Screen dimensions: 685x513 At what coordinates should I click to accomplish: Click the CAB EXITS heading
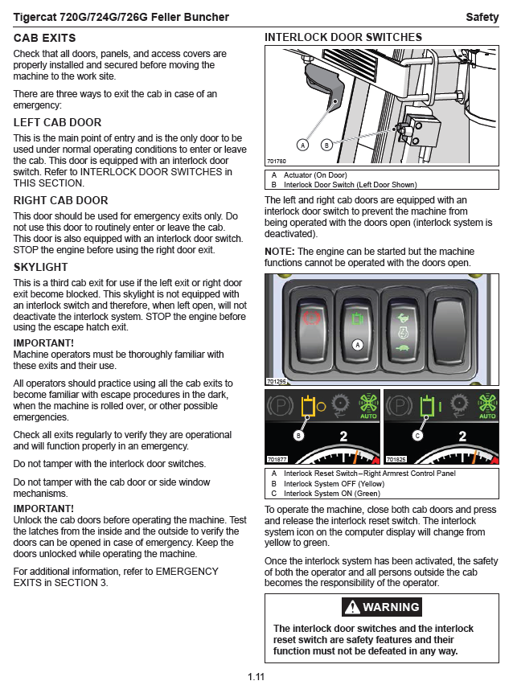[45, 38]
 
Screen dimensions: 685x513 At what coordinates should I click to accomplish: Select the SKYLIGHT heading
[41, 267]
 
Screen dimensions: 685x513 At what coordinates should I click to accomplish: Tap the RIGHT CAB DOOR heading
[60, 200]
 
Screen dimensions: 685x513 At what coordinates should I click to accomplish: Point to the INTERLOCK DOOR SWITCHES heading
[343, 37]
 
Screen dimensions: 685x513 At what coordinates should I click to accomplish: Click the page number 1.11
[256, 676]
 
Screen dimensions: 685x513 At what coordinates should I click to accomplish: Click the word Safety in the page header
[482, 18]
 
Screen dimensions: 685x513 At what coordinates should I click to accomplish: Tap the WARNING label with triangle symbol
[381, 607]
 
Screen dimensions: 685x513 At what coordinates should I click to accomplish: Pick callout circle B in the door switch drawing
[326, 146]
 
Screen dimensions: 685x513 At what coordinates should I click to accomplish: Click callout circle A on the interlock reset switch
[359, 344]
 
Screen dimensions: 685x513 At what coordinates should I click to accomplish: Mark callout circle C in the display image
[417, 436]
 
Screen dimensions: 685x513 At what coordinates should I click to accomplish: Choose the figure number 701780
[277, 161]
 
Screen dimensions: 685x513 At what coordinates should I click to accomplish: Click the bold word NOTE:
[280, 252]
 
